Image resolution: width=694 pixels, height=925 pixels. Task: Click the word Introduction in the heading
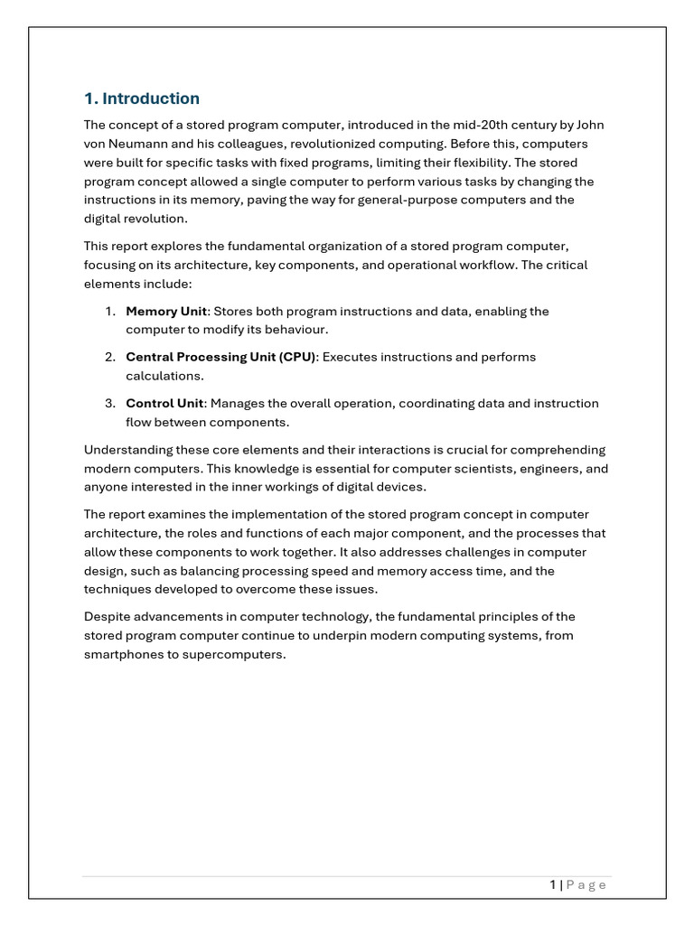151,98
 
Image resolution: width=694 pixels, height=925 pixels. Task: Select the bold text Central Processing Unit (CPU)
220,357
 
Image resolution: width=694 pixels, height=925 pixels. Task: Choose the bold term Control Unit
164,403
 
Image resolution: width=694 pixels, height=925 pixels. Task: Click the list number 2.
108,357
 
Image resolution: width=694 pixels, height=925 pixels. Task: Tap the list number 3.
108,403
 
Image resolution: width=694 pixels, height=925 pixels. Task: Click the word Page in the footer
586,885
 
